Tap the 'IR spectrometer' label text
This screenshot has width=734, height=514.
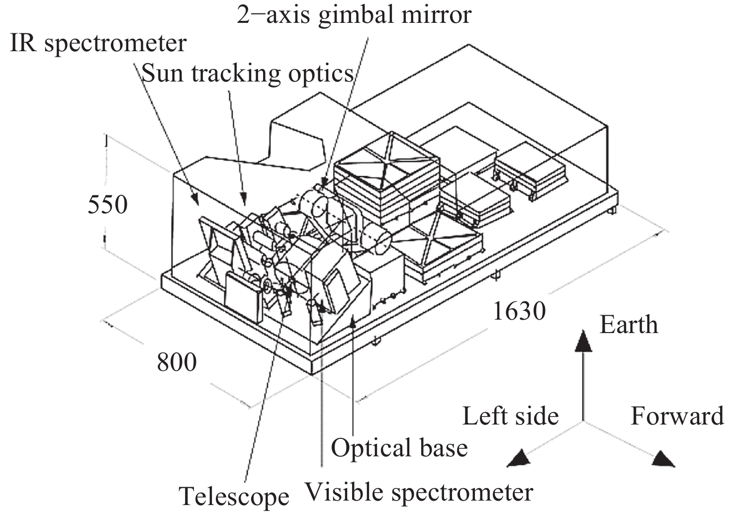(x=98, y=44)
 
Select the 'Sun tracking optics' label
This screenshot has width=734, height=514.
(x=247, y=74)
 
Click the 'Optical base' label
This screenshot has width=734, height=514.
(x=399, y=448)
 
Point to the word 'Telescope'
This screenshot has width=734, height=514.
(x=234, y=496)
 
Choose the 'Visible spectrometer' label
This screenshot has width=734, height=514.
(x=418, y=492)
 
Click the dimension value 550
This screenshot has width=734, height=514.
(x=107, y=204)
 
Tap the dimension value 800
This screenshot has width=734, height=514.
(x=177, y=362)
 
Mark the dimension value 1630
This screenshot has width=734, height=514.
(x=519, y=312)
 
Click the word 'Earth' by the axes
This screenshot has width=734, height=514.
(x=629, y=325)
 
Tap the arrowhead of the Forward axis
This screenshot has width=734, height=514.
(x=663, y=459)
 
